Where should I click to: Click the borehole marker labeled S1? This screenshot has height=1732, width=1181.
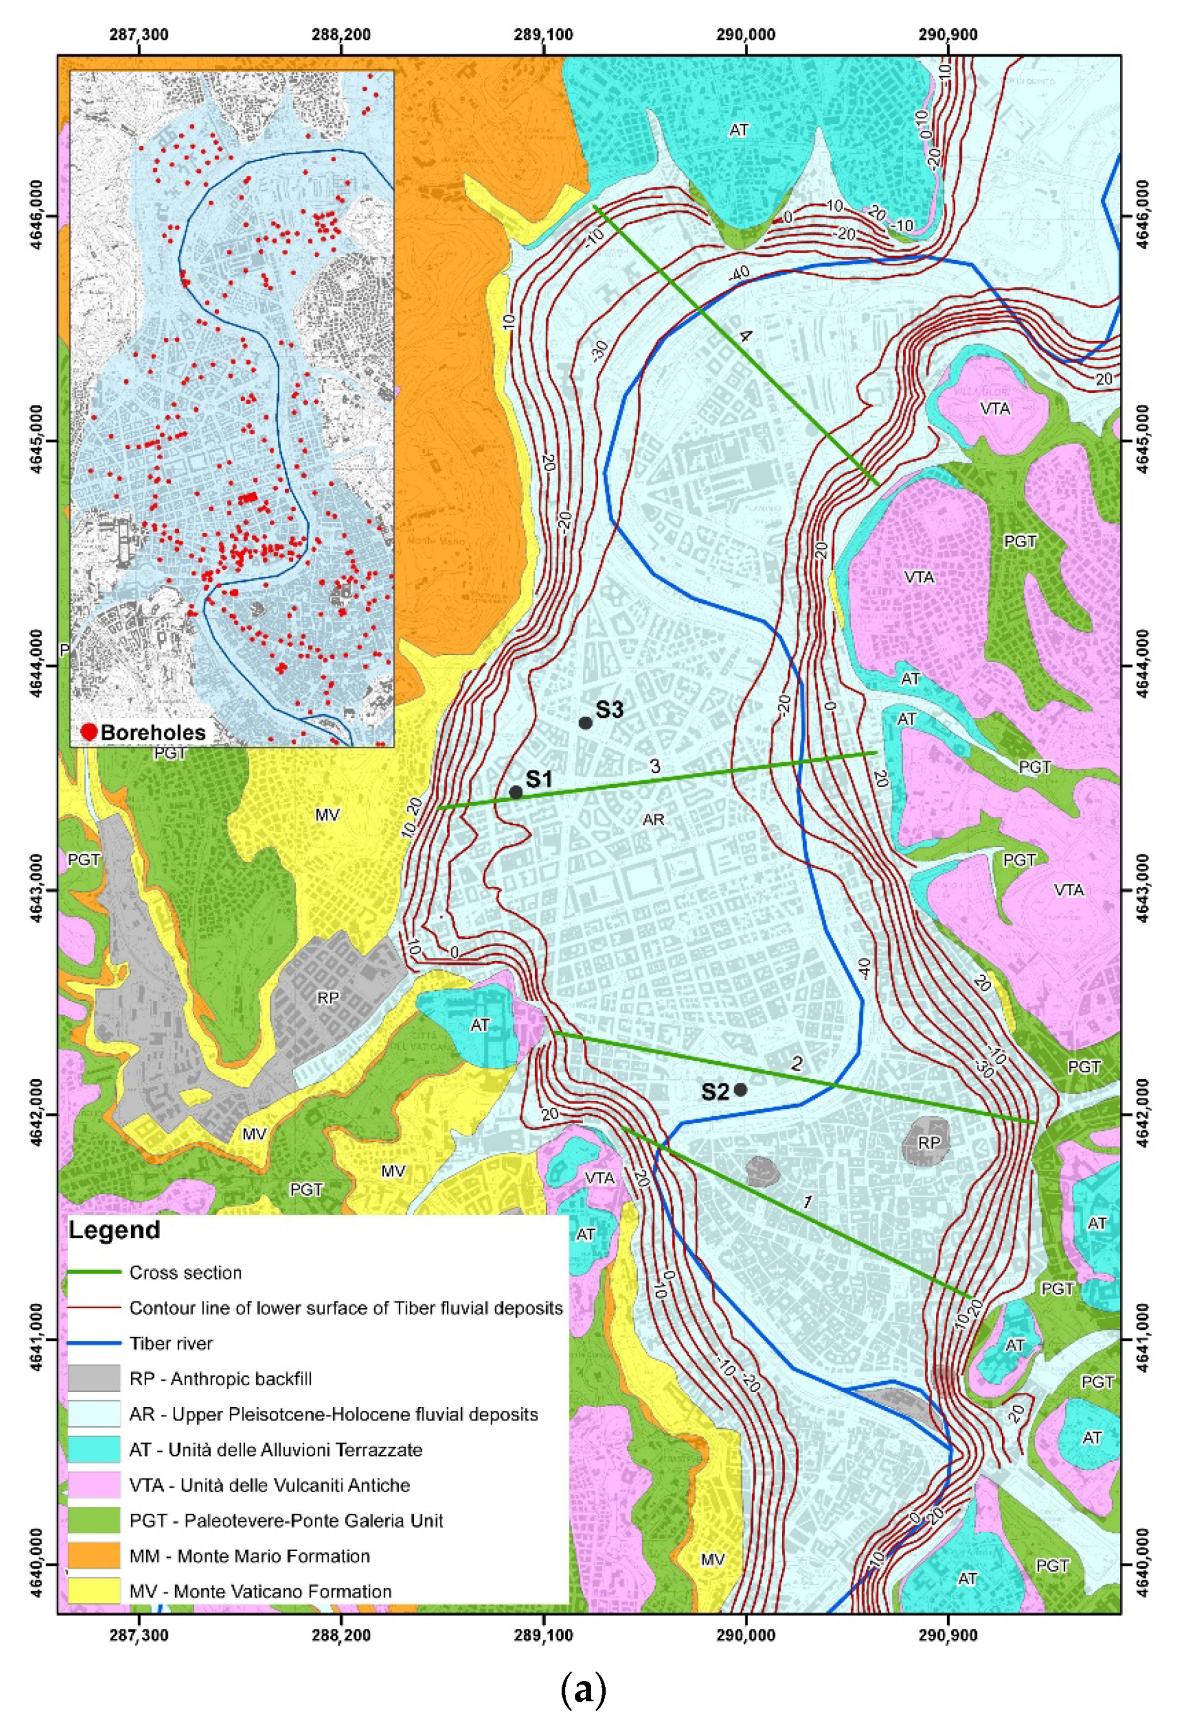click(x=516, y=792)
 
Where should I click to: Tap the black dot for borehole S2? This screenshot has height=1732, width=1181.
click(x=740, y=1090)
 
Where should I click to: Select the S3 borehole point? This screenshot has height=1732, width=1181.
click(x=585, y=723)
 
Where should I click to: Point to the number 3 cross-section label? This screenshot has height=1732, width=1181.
click(x=655, y=766)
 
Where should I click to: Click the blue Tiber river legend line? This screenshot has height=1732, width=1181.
click(x=94, y=1343)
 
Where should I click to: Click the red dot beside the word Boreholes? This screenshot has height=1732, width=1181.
click(x=89, y=732)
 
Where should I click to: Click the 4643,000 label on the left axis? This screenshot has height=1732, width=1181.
click(x=34, y=891)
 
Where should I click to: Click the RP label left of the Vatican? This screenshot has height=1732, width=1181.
click(x=328, y=998)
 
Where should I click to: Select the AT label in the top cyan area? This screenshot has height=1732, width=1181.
click(x=738, y=130)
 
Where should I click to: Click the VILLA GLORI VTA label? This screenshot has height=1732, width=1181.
click(x=994, y=408)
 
